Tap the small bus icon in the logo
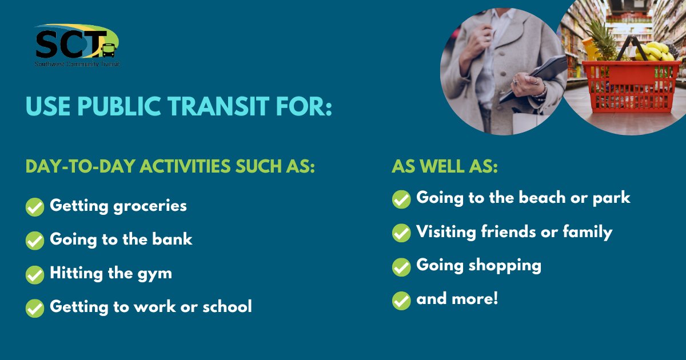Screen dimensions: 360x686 tap(108, 51)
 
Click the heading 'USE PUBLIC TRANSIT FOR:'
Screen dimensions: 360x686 tap(179, 106)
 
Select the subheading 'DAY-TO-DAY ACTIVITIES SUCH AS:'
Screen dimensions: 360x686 tap(170, 166)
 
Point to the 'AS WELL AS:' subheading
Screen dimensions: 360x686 tap(445, 166)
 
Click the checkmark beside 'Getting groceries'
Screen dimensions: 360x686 tap(35, 207)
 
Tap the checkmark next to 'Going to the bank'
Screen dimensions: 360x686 tap(35, 241)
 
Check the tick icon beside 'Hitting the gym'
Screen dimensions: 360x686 tap(35, 274)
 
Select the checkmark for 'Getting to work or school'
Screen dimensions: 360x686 tap(35, 308)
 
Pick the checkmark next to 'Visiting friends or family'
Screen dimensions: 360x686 tap(401, 233)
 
